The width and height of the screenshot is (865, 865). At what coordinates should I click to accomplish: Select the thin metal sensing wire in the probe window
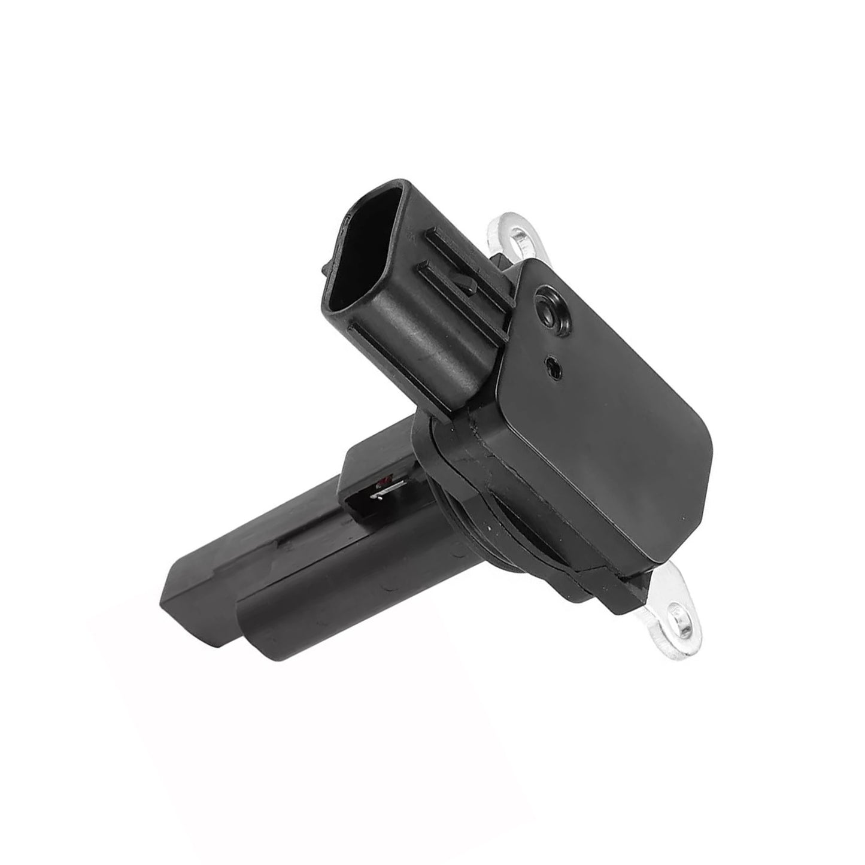pos(379,495)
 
